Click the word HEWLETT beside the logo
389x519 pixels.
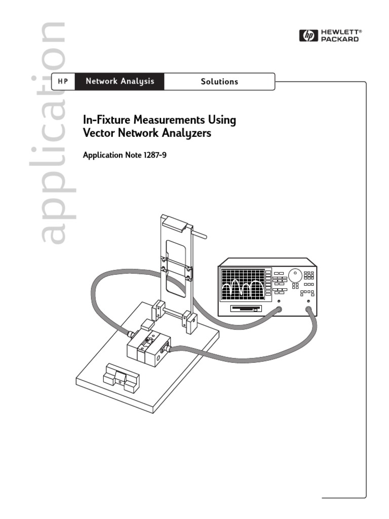coord(341,32)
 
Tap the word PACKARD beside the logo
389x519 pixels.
coord(340,39)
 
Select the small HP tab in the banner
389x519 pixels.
coord(63,82)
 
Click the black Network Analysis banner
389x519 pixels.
coord(120,82)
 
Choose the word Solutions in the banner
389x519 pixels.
coord(219,82)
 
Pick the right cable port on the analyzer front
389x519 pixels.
coord(308,308)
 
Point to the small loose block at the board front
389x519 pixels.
coord(122,377)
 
